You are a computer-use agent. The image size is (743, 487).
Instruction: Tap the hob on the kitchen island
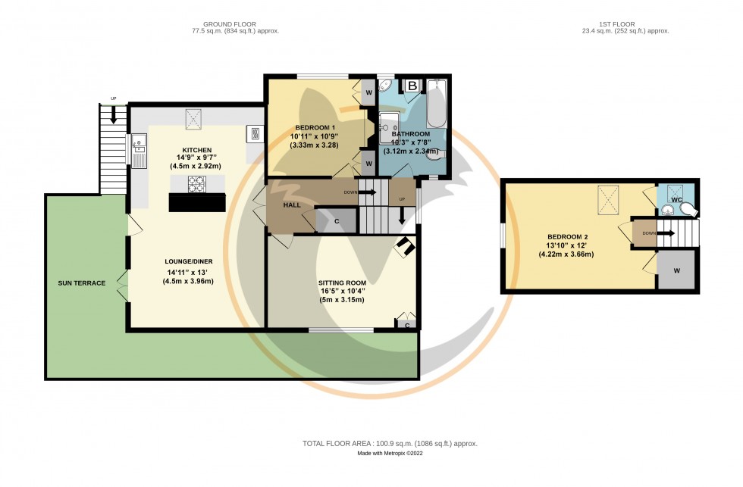click(x=197, y=183)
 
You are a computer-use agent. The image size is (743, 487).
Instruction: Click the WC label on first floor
click(x=677, y=199)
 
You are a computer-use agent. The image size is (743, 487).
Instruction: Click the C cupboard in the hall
click(x=337, y=220)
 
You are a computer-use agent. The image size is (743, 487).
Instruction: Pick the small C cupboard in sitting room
click(x=407, y=325)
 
